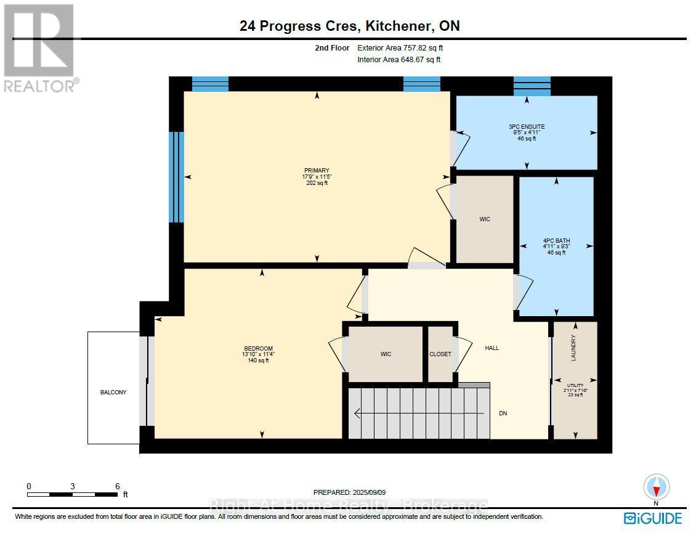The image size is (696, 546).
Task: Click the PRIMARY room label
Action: [317, 170]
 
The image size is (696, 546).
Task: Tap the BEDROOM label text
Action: [258, 348]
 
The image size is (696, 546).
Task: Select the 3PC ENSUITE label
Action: [527, 126]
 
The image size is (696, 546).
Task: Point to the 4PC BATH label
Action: [556, 241]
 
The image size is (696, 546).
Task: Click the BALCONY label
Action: [113, 393]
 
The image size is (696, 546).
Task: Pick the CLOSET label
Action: [440, 354]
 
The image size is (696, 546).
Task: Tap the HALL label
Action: [492, 348]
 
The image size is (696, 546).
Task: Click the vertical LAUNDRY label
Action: [573, 348]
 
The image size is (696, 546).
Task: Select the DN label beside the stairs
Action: [503, 413]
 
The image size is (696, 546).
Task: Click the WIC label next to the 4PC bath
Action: [485, 219]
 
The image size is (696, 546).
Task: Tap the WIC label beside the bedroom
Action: [386, 354]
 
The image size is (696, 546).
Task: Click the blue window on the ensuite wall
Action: [532, 86]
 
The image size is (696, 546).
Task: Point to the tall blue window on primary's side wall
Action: [176, 177]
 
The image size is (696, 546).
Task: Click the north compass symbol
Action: [657, 488]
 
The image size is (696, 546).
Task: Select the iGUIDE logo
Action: [652, 518]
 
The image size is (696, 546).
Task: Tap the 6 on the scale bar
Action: [117, 486]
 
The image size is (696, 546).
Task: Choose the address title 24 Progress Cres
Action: [298, 26]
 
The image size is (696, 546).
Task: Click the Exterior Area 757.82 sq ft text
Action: [400, 48]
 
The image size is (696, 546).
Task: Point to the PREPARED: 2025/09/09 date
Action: [349, 492]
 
